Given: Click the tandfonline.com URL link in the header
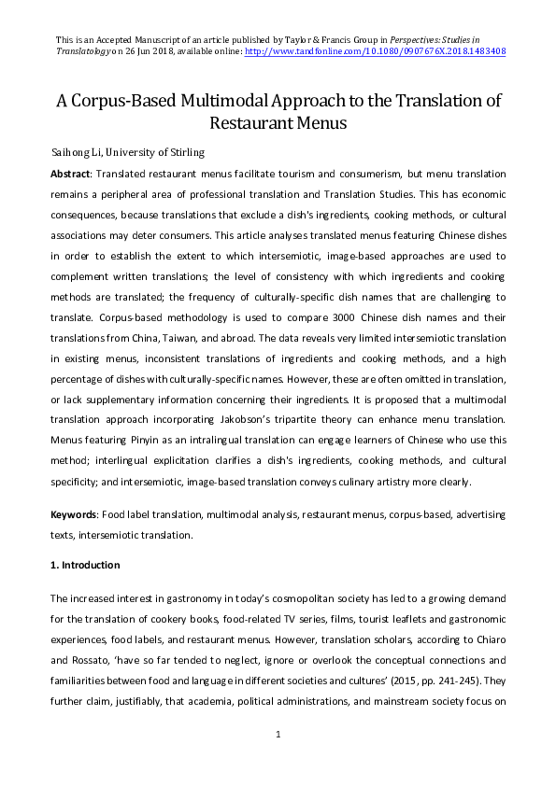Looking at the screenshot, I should (x=374, y=52).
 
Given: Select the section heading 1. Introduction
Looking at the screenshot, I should (x=85, y=565).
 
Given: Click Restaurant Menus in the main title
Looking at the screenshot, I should (x=278, y=123).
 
